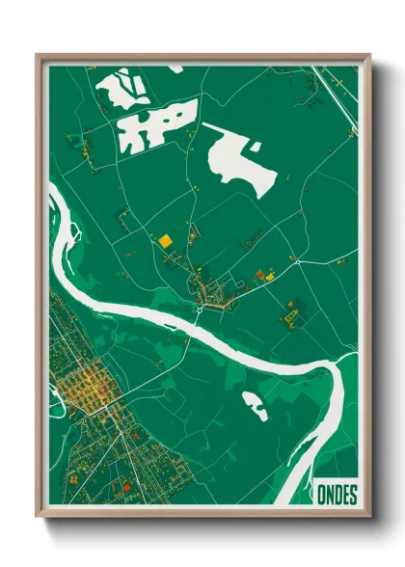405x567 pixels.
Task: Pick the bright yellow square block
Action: tap(165, 240)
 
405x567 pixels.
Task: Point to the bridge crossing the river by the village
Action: tap(199, 310)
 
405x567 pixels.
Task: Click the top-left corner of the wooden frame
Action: tap(38, 56)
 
